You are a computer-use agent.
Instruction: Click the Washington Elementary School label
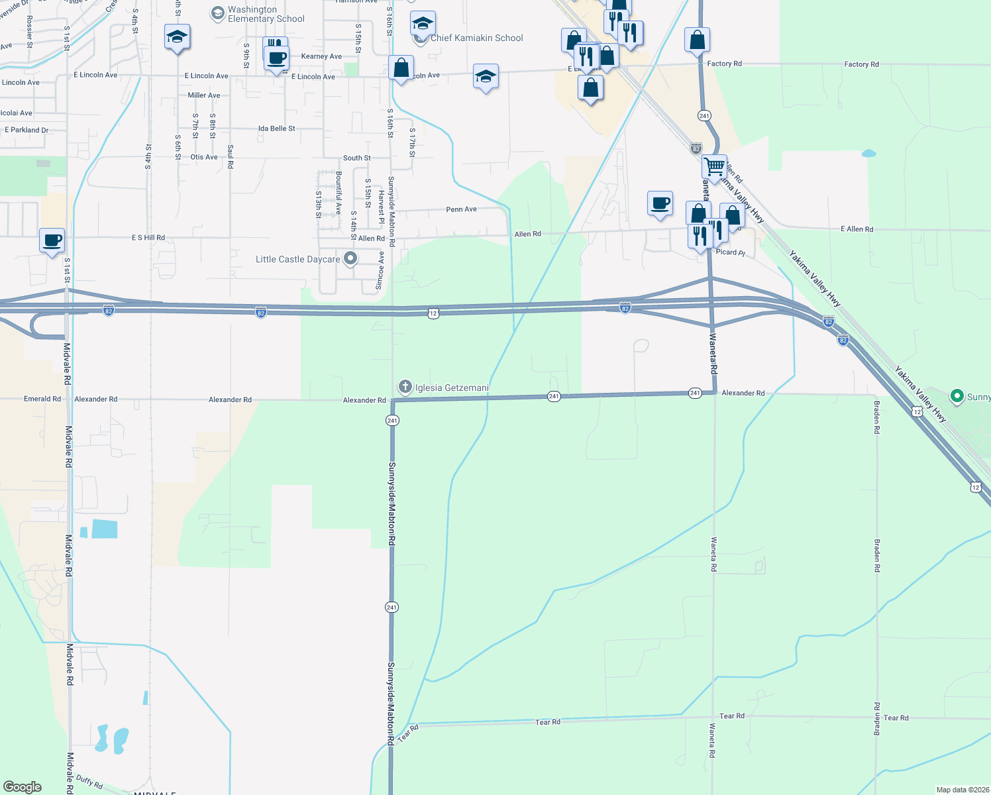click(266, 14)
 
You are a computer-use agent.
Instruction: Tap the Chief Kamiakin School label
click(476, 38)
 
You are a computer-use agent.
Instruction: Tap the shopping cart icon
click(714, 166)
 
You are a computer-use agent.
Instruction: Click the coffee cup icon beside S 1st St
click(52, 240)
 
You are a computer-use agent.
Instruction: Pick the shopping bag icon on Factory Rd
click(697, 40)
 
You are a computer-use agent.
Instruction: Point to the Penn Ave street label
click(461, 209)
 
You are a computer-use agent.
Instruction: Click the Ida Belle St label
click(277, 129)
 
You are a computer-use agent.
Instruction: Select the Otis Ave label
click(204, 157)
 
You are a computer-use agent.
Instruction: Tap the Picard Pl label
click(731, 252)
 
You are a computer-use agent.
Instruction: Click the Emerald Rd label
click(42, 399)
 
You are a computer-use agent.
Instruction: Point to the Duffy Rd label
click(89, 782)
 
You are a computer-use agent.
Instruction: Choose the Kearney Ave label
click(321, 56)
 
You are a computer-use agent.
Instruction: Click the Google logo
click(23, 787)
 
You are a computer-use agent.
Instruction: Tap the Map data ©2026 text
click(962, 790)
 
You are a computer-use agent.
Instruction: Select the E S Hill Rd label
click(148, 237)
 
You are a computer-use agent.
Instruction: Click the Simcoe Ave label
click(380, 270)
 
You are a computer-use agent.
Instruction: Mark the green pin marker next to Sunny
click(957, 396)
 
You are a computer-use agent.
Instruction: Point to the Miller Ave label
click(204, 95)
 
